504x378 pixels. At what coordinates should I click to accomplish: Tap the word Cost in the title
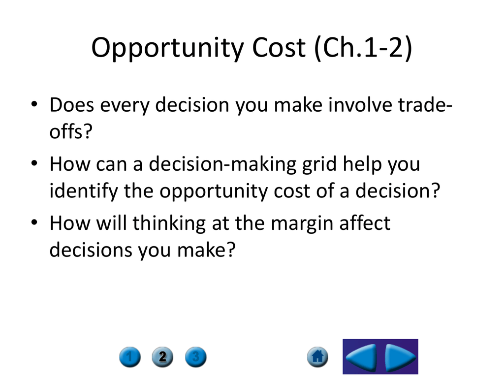(x=279, y=48)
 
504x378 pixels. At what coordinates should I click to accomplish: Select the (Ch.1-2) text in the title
(x=363, y=48)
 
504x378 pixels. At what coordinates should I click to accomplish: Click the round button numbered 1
(x=130, y=357)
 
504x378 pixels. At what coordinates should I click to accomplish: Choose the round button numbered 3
(x=196, y=357)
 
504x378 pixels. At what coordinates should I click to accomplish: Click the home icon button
(x=317, y=357)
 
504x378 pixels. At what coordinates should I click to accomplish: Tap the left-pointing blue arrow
(x=362, y=357)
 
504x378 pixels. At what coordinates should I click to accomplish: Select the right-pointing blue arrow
(x=400, y=357)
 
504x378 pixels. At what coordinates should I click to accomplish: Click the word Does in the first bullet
(x=72, y=105)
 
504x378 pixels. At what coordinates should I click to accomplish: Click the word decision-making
(x=222, y=164)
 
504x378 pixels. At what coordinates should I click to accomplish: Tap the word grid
(x=319, y=164)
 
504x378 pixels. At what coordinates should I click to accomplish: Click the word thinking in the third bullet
(x=169, y=223)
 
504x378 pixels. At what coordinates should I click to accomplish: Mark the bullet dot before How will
(x=34, y=222)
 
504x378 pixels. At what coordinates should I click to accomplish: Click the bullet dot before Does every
(x=34, y=104)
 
